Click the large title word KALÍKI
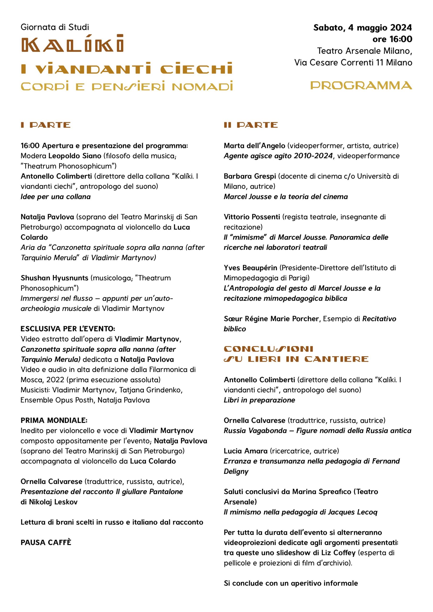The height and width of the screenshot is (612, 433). [72, 44]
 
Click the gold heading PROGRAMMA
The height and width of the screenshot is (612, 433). [361, 86]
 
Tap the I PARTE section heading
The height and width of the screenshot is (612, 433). [46, 125]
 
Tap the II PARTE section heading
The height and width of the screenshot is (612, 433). [251, 125]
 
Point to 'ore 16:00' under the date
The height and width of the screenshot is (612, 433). [392, 39]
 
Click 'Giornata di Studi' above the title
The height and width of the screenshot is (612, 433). [55, 27]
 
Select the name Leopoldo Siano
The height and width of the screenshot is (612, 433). [75, 156]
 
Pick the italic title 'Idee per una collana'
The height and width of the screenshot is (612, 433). [56, 197]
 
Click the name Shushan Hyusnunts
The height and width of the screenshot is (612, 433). [54, 278]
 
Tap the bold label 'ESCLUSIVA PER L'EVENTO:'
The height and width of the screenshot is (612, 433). [68, 329]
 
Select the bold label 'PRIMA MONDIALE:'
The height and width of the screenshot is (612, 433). [54, 420]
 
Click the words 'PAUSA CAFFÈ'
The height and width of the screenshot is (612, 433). [46, 542]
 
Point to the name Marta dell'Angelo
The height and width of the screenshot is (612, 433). [254, 146]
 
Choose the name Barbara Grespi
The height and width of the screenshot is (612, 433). [250, 176]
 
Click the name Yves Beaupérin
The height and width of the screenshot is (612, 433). [250, 268]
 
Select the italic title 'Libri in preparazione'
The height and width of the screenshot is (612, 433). [259, 400]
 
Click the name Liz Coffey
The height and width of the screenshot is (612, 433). [338, 552]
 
